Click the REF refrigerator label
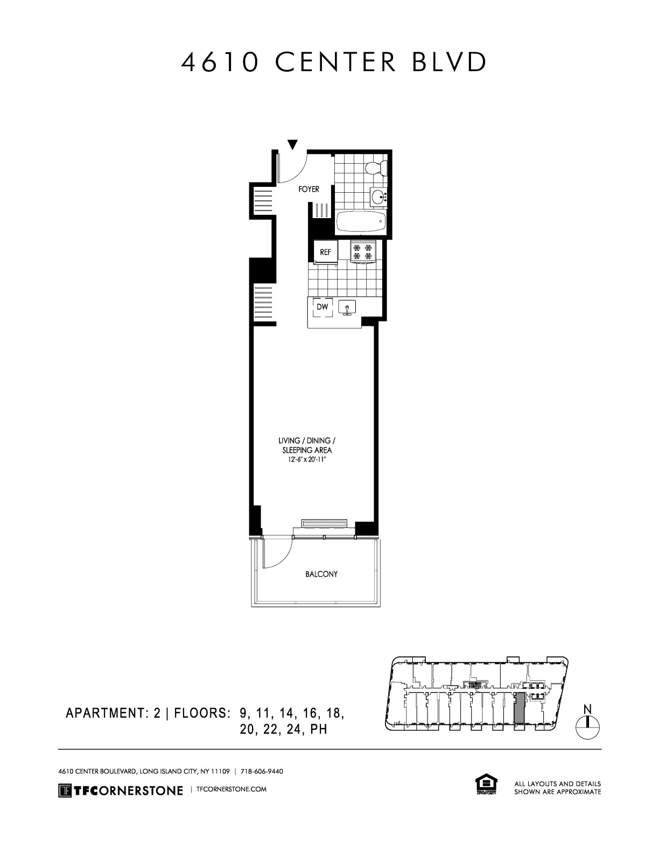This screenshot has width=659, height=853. click(326, 251)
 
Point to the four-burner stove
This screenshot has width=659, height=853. click(362, 252)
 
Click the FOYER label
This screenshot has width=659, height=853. click(309, 190)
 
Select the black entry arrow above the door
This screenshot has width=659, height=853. click(292, 144)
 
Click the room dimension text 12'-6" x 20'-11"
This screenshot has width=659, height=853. click(307, 459)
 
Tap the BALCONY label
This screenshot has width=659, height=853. click(321, 574)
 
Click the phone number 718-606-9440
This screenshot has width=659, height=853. click(262, 771)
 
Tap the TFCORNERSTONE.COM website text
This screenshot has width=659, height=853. click(232, 789)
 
